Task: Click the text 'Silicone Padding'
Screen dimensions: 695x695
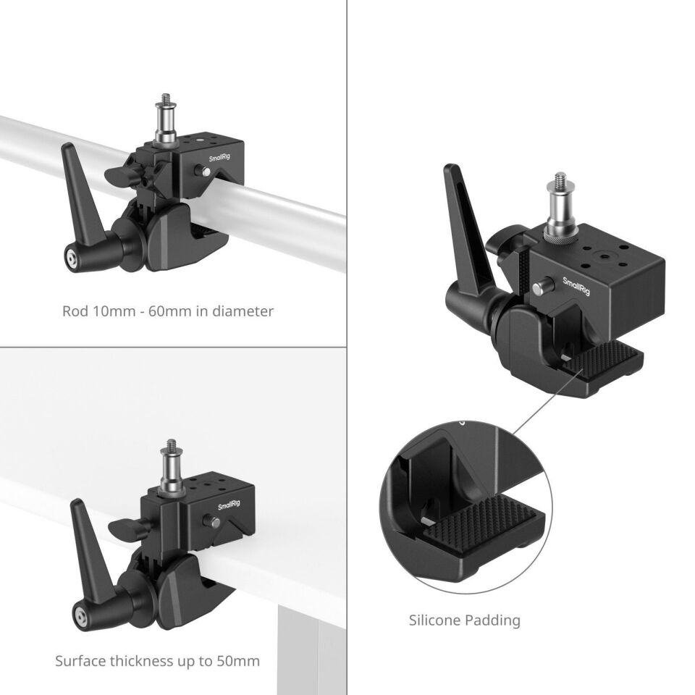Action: [x=465, y=620]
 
